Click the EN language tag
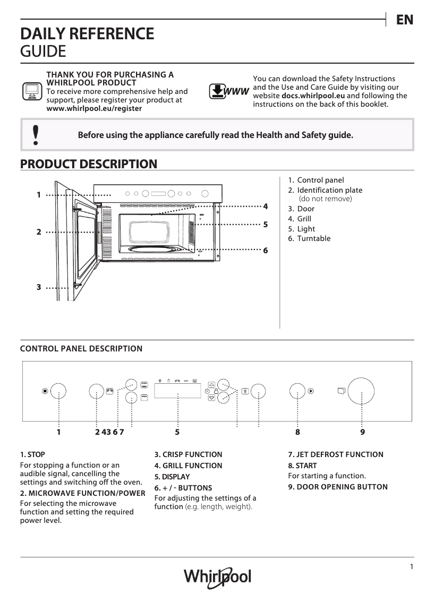click(x=404, y=20)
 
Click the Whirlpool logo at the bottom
click(x=217, y=577)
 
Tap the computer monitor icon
click(x=31, y=91)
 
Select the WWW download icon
click(x=229, y=91)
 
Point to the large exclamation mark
click(x=36, y=135)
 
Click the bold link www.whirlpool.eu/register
click(x=94, y=108)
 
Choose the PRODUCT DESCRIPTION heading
click(x=88, y=164)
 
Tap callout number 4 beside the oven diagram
click(x=265, y=206)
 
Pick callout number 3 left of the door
click(x=39, y=287)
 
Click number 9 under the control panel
click(x=362, y=432)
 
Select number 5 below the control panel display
click(x=177, y=432)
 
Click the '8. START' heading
click(x=302, y=466)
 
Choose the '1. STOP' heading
click(x=32, y=454)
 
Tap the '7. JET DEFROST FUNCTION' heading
click(x=336, y=454)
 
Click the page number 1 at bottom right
click(x=412, y=566)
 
